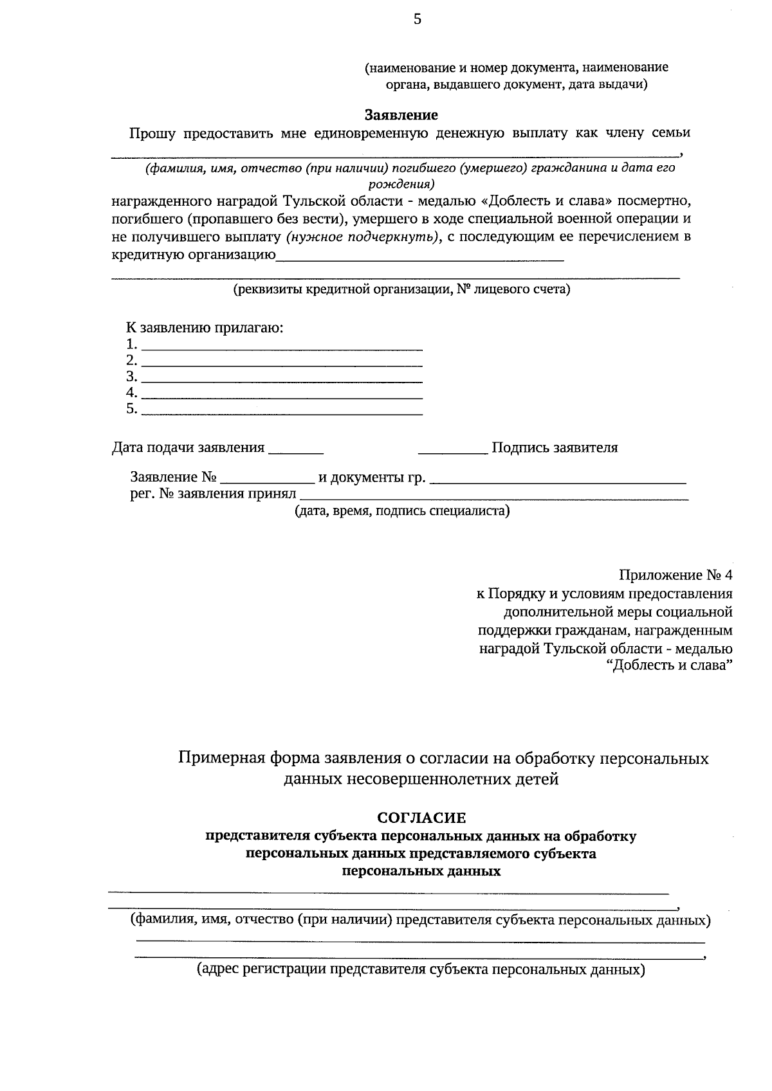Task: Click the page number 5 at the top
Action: pyautogui.click(x=417, y=20)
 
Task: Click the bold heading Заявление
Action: pyautogui.click(x=401, y=115)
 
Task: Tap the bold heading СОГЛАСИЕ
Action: pyautogui.click(x=421, y=818)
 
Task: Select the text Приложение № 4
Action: pyautogui.click(x=675, y=575)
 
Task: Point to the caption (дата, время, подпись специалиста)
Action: pyautogui.click(x=402, y=512)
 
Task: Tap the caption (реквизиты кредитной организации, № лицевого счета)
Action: pyautogui.click(x=401, y=289)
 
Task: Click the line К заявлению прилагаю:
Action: pyautogui.click(x=205, y=328)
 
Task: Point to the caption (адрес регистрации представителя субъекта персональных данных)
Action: pyautogui.click(x=421, y=969)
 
